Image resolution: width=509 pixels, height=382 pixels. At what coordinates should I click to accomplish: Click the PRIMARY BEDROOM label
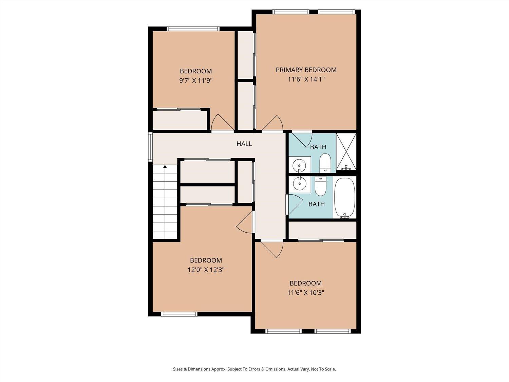pyautogui.click(x=306, y=70)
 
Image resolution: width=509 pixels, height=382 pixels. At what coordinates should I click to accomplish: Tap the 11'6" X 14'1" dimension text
pyautogui.click(x=306, y=79)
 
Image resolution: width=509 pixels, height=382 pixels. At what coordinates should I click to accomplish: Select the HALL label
pyautogui.click(x=244, y=144)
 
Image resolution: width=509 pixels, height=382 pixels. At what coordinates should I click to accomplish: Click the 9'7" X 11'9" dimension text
pyautogui.click(x=195, y=80)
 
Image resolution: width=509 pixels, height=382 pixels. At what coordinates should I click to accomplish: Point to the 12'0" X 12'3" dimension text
pyautogui.click(x=206, y=270)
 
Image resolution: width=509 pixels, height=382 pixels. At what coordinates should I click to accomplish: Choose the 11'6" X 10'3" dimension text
pyautogui.click(x=305, y=293)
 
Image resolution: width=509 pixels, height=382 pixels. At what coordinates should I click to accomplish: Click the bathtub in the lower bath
pyautogui.click(x=344, y=198)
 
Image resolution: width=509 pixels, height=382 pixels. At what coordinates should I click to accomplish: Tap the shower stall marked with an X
pyautogui.click(x=346, y=151)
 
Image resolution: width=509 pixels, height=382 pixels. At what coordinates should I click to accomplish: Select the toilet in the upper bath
pyautogui.click(x=325, y=162)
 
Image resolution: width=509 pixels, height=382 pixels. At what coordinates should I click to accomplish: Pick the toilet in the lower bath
pyautogui.click(x=320, y=186)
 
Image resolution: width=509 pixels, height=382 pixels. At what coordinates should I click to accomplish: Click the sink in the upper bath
pyautogui.click(x=299, y=165)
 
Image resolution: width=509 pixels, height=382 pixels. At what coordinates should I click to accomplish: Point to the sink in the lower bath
pyautogui.click(x=299, y=184)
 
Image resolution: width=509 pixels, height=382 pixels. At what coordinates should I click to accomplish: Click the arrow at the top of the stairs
pyautogui.click(x=165, y=166)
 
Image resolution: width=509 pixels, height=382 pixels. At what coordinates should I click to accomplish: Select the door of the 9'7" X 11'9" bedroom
pyautogui.click(x=221, y=123)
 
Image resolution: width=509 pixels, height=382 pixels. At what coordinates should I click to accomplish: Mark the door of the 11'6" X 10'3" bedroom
pyautogui.click(x=274, y=248)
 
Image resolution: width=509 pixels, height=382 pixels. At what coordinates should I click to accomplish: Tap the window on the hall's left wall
pyautogui.click(x=150, y=146)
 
